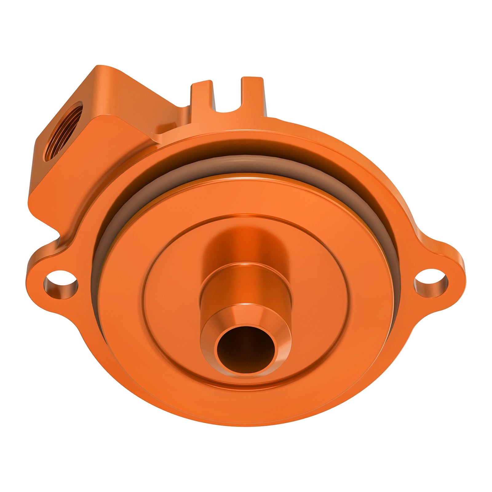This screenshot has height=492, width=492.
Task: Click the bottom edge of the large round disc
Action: click(246, 423)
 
